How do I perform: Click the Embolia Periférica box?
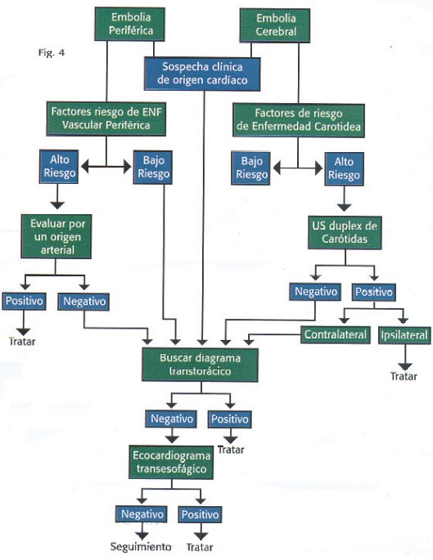(130, 24)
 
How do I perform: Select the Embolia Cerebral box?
(275, 25)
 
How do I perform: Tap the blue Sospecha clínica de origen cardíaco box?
(202, 74)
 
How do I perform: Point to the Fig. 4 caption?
(52, 53)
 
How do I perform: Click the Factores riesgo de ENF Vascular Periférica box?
(106, 119)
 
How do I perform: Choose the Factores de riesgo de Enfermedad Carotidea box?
(299, 120)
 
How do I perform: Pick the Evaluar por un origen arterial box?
(56, 236)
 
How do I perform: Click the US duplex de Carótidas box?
(345, 232)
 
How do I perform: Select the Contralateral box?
(335, 335)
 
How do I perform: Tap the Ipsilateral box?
(404, 335)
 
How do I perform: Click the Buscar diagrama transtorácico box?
(200, 365)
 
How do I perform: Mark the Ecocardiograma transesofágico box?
(171, 462)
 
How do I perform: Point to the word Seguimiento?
(141, 546)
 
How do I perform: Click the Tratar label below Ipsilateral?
(404, 376)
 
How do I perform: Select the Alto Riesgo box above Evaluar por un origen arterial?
(59, 167)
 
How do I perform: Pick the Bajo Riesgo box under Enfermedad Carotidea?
(251, 168)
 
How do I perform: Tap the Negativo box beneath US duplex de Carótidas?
(315, 291)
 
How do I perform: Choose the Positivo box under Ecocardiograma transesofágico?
(200, 514)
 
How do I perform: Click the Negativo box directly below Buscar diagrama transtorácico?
(171, 419)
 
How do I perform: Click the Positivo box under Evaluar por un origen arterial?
(24, 301)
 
